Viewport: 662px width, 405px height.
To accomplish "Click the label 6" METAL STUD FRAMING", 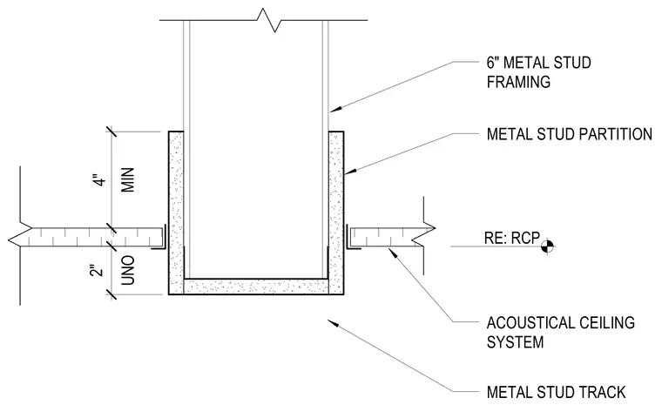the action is coord(538,72).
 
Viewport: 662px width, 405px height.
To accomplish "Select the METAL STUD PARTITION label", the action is coord(569,134).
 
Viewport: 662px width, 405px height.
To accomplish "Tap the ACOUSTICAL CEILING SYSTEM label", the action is coord(561,333).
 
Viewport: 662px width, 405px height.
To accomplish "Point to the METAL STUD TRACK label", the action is coord(556,392).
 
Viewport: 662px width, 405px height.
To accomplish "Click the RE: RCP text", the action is coord(512,238).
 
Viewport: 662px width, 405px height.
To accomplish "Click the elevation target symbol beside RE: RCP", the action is coord(547,246).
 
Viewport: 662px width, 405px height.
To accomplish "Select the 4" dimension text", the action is coord(100,181).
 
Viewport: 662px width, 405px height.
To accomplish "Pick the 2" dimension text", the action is coord(97,270).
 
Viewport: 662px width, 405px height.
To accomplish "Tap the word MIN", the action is coord(127,180).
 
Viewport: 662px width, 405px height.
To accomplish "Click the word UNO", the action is coord(127,270).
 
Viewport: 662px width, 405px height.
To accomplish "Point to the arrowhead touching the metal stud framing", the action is coord(335,109).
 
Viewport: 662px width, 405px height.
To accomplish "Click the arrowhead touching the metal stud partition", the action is coord(350,171).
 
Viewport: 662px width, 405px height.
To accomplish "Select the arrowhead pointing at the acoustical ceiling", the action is coord(393,253).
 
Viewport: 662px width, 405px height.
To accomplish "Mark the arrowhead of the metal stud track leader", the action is coord(334,323).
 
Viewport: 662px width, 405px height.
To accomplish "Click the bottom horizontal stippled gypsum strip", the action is coord(256,287).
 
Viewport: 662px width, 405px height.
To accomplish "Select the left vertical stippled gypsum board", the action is coord(177,213).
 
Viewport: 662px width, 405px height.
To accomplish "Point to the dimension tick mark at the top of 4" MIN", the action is coord(111,132).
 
